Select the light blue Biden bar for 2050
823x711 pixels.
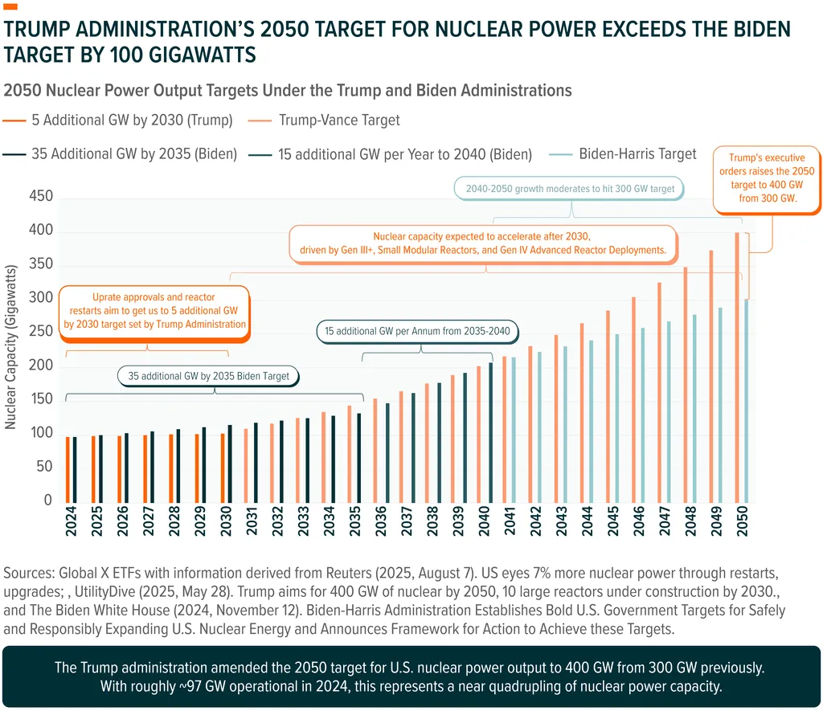[x=745, y=402]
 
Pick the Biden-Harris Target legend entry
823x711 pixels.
[x=638, y=153]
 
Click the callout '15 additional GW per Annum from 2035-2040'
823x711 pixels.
[x=418, y=331]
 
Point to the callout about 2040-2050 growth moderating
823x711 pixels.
[x=571, y=190]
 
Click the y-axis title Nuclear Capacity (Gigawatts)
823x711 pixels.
[x=11, y=349]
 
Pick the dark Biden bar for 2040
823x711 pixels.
[x=490, y=434]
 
